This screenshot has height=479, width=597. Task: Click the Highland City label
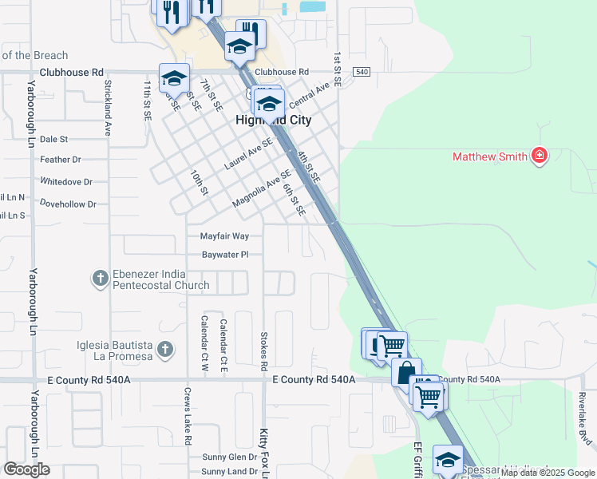273,120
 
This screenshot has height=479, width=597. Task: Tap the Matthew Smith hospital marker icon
540,156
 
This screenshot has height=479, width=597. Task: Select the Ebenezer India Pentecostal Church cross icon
100,279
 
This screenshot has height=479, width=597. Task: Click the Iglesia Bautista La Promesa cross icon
164,349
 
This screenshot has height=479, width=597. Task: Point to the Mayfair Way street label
224,236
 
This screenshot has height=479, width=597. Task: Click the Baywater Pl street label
224,255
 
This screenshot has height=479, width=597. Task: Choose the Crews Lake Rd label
187,417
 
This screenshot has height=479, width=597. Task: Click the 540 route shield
362,72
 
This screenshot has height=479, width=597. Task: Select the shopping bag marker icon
406,372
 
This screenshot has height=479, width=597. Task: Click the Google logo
26,469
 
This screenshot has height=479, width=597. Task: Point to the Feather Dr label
61,160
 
